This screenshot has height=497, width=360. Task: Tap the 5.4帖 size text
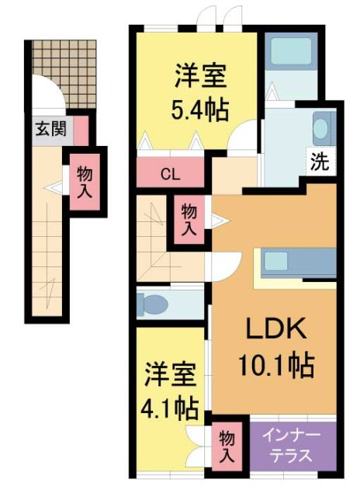pyautogui.click(x=199, y=111)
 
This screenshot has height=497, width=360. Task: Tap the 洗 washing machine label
pyautogui.click(x=320, y=162)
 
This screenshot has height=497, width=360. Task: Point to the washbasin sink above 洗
pyautogui.click(x=322, y=127)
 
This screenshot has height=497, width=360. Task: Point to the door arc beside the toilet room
pyautogui.click(x=219, y=266)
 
